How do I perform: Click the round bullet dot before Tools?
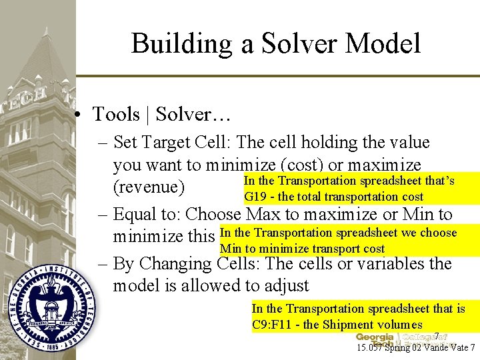tap(79, 115)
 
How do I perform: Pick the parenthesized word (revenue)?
tap(149, 187)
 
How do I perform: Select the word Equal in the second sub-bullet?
tap(142, 215)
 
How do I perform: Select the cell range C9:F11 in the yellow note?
tap(275, 325)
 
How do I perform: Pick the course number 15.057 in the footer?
tap(371, 347)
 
